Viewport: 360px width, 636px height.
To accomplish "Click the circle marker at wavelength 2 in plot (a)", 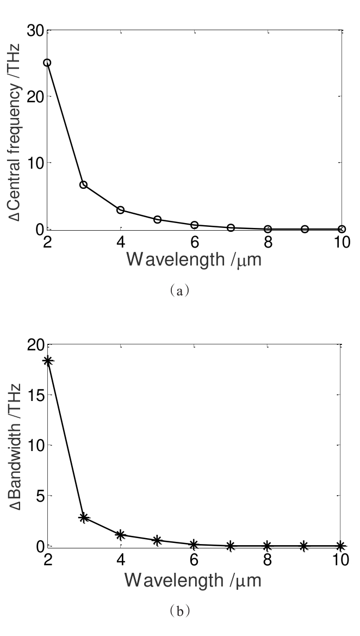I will tap(47, 63).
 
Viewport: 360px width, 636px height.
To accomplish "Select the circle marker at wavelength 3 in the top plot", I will tap(84, 185).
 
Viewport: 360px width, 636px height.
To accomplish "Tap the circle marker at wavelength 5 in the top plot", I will tap(157, 219).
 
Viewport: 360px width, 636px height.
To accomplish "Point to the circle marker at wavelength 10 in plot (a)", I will tap(341, 229).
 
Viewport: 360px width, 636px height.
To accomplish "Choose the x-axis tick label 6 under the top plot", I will tap(194, 241).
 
